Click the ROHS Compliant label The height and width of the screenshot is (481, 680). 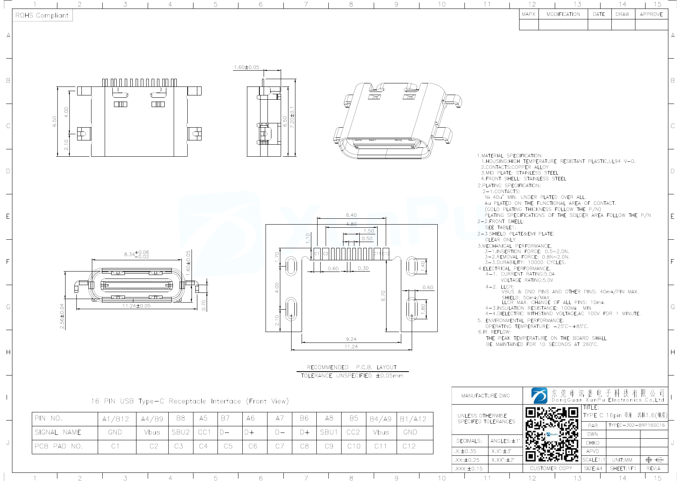tap(42, 16)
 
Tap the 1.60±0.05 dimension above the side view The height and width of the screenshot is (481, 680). tap(246, 67)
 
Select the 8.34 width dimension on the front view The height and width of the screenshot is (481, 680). tap(136, 254)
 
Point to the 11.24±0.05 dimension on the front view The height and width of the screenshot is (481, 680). tap(136, 306)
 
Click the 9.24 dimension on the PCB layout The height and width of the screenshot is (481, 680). tap(351, 339)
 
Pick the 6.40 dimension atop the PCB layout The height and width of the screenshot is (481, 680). tap(351, 215)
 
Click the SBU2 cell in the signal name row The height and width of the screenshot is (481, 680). tap(181, 432)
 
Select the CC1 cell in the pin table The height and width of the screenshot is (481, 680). tap(204, 432)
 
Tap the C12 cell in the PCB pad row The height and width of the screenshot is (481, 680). tap(409, 446)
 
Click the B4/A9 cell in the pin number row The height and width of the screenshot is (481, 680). tap(380, 419)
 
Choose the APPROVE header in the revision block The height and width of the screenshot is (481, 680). tap(651, 14)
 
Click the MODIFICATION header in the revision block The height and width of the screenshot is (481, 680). tap(563, 14)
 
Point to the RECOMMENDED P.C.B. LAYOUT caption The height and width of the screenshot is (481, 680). tap(352, 367)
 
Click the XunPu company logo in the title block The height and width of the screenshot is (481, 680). tap(539, 395)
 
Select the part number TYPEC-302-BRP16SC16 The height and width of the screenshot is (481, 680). tap(637, 425)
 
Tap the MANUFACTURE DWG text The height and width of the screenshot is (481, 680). tap(485, 396)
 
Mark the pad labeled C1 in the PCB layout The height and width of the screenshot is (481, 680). tap(317, 254)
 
